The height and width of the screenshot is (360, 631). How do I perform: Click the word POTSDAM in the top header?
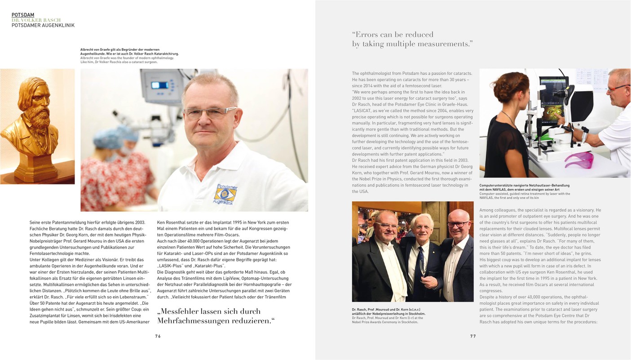pyautogui.click(x=23, y=15)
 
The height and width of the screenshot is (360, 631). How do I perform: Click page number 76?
pyautogui.click(x=158, y=336)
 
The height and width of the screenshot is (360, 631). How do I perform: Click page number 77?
pyautogui.click(x=473, y=336)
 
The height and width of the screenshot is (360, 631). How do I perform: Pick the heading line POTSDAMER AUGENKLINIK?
pyautogui.click(x=43, y=26)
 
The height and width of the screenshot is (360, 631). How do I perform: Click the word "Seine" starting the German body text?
pyautogui.click(x=36, y=222)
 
